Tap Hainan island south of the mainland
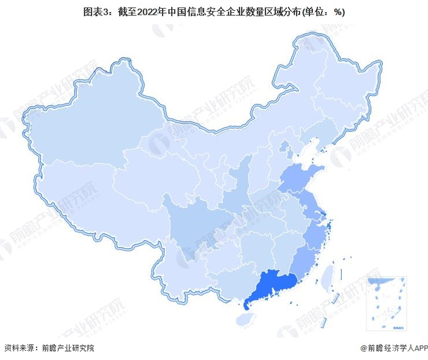(x=245, y=318)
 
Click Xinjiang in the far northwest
(x=92, y=122)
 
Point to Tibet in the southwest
(x=92, y=189)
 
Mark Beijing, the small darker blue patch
(x=283, y=147)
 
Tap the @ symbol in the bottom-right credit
(x=364, y=348)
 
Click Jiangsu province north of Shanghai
(x=309, y=202)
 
